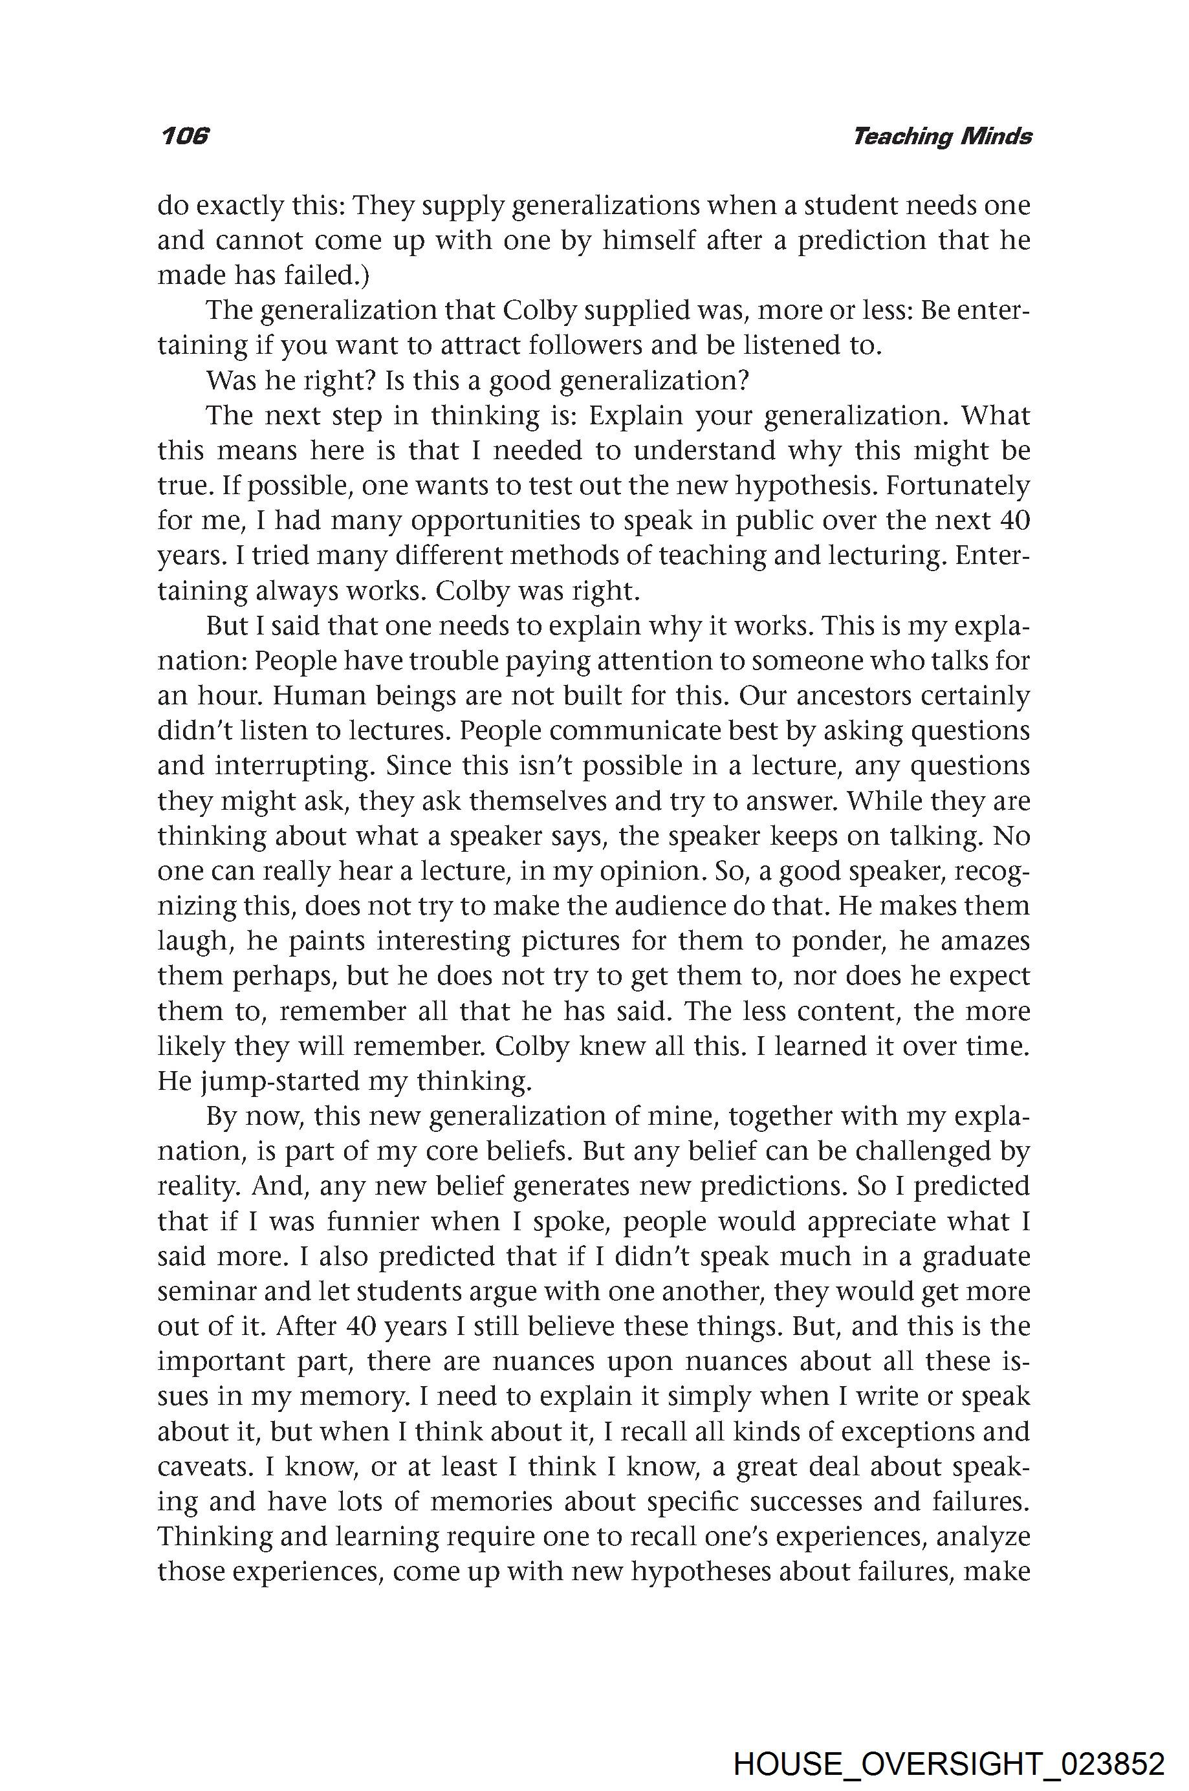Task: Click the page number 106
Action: [184, 136]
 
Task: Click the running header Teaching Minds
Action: [942, 136]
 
